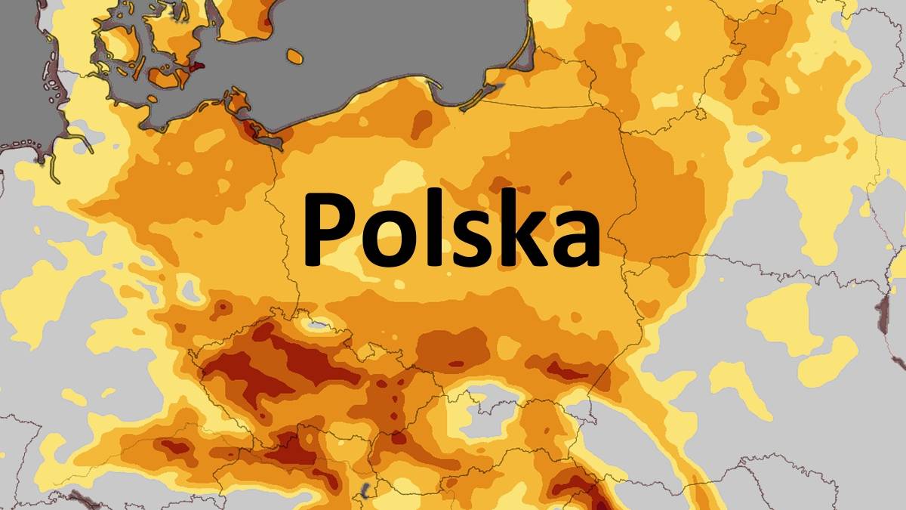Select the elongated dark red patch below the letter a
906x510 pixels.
tap(562, 370)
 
